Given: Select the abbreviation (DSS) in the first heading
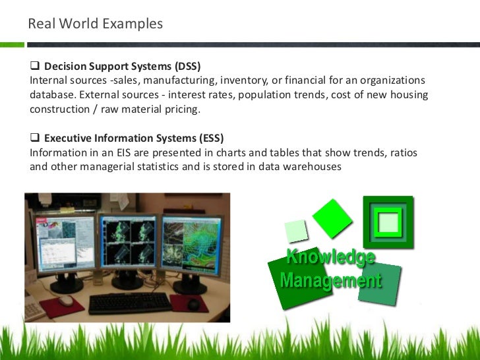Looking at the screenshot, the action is pyautogui.click(x=187, y=67).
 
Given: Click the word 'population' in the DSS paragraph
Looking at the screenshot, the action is pyautogui.click(x=265, y=95).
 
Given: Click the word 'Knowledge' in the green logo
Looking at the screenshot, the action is pyautogui.click(x=330, y=257).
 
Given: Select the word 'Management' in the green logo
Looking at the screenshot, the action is pyautogui.click(x=330, y=281).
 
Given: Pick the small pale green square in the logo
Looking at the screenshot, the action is pyautogui.click(x=296, y=231).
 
